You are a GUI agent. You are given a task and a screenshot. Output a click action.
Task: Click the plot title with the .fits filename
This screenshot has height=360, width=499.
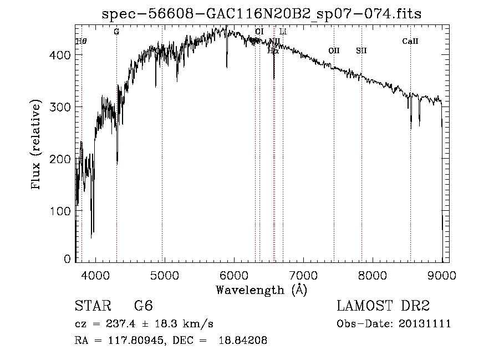(x=262, y=14)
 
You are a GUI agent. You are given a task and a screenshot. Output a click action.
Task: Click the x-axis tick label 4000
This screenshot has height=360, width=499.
(x=95, y=275)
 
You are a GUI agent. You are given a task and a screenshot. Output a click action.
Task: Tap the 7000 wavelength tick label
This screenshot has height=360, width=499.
(x=303, y=275)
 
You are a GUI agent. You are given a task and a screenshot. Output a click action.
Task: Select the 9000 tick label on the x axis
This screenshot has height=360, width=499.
(x=442, y=275)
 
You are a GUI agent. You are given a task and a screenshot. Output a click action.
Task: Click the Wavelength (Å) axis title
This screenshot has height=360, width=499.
(x=261, y=290)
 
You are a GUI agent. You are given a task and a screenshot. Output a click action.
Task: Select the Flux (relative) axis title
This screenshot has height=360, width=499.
(x=37, y=145)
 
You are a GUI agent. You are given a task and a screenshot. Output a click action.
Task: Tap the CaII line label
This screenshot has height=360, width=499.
(x=410, y=41)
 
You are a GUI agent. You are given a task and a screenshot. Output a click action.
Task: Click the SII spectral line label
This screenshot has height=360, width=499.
(x=361, y=50)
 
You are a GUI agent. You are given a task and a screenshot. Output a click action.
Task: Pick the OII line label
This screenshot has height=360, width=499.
(x=334, y=50)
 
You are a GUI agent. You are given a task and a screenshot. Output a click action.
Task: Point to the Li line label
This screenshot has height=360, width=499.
(x=283, y=32)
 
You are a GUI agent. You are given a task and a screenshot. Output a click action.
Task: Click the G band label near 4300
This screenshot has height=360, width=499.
(x=116, y=32)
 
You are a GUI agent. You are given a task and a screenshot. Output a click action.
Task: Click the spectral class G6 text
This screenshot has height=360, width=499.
(x=144, y=306)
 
